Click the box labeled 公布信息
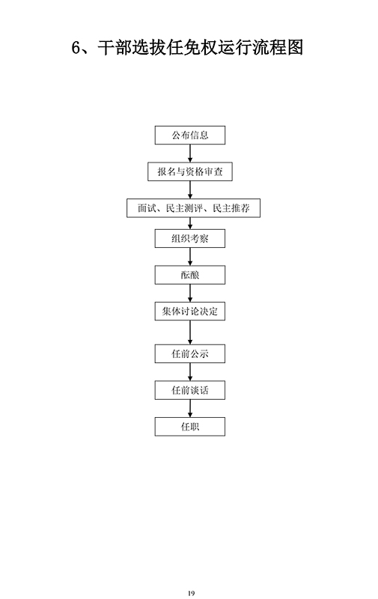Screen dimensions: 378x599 click(x=190, y=136)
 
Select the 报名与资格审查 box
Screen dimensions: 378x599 click(x=190, y=171)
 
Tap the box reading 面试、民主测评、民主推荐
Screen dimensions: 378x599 click(x=193, y=208)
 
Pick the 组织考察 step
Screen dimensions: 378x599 click(x=190, y=239)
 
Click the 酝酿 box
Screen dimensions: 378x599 click(x=190, y=275)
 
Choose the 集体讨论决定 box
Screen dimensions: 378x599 click(x=190, y=311)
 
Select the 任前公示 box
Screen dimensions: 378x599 click(x=190, y=353)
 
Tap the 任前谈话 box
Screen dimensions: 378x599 click(x=190, y=390)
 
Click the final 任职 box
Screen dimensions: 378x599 click(x=190, y=427)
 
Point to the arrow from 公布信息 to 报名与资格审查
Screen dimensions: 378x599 click(x=190, y=153)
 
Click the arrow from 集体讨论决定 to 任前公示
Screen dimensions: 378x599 click(x=190, y=332)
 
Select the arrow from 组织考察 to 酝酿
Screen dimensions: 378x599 click(x=190, y=257)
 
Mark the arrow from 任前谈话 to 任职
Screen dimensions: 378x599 click(x=190, y=408)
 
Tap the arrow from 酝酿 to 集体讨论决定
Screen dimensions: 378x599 click(x=190, y=293)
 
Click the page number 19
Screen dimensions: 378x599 click(x=192, y=593)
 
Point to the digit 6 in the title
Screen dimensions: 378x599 click(x=76, y=48)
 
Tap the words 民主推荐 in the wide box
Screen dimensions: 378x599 click(x=231, y=208)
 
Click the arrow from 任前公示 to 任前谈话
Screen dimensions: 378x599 click(x=190, y=371)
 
